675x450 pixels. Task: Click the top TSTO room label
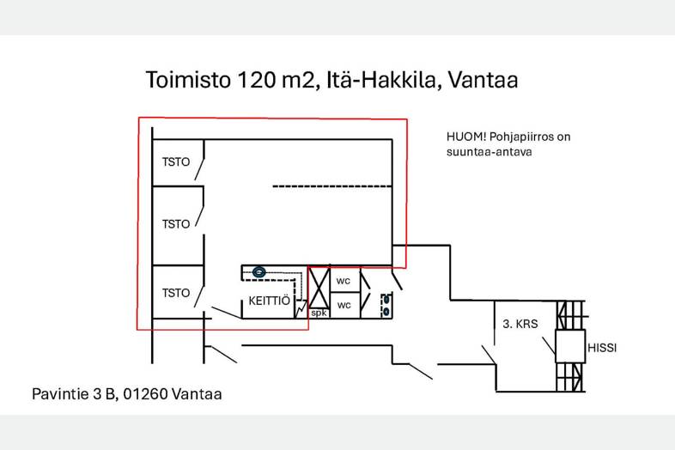176,161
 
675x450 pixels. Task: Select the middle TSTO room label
176,224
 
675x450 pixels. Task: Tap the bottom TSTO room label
176,293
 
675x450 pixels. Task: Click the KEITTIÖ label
270,301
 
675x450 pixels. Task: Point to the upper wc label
344,281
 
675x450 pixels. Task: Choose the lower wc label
344,305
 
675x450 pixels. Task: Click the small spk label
319,313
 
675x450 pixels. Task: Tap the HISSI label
603,348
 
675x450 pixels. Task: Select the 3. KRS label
520,325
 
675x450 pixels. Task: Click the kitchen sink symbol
258,272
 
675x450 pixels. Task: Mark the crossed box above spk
319,288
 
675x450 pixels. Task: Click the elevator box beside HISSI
569,346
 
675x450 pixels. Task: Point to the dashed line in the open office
332,185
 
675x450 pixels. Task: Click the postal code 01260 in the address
145,394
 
